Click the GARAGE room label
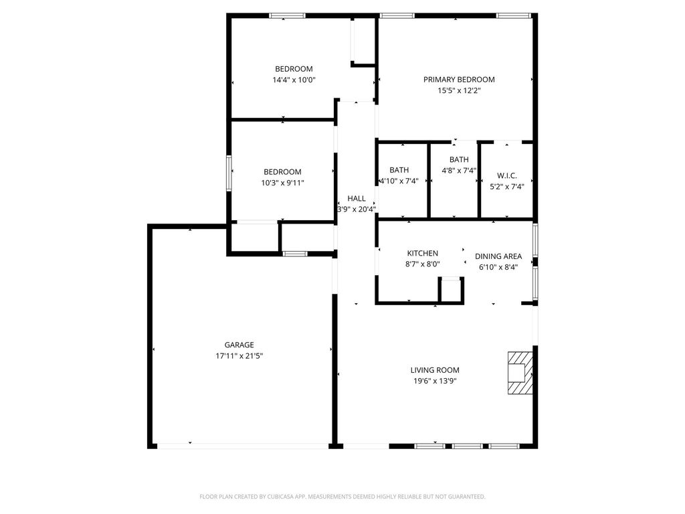(239, 345)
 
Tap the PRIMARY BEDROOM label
(459, 80)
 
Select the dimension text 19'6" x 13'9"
(435, 381)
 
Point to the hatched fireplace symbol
(520, 373)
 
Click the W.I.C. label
(507, 176)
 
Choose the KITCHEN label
(423, 253)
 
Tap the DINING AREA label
(498, 256)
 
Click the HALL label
(357, 198)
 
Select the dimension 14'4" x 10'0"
(294, 80)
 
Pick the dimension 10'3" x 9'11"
(282, 183)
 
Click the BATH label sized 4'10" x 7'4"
(399, 170)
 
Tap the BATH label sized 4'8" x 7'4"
(459, 159)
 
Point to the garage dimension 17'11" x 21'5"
(239, 356)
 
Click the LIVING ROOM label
(435, 369)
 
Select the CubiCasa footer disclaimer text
(342, 497)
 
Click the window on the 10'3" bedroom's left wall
(229, 173)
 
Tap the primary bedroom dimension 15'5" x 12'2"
(459, 90)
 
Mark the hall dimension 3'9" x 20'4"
(357, 209)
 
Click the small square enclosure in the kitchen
(451, 290)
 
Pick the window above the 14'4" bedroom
(287, 16)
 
